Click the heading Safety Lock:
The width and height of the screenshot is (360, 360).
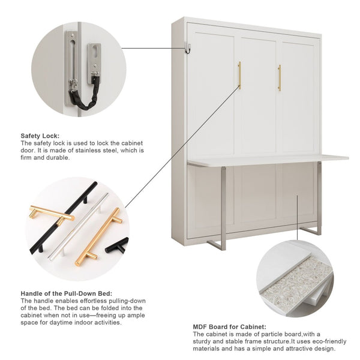(x=40, y=136)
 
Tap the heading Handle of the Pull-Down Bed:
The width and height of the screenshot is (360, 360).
(x=67, y=293)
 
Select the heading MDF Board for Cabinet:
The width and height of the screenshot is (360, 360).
(x=230, y=327)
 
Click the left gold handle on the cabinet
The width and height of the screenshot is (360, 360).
(x=239, y=76)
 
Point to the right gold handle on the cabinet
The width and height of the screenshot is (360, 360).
(x=280, y=77)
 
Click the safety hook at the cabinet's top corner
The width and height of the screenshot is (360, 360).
(x=188, y=49)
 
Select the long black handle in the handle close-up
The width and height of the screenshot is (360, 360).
(x=64, y=217)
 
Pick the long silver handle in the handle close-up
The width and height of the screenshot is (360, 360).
(x=78, y=226)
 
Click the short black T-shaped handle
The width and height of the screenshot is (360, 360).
(x=116, y=246)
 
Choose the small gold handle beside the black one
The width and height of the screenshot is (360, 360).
(x=52, y=213)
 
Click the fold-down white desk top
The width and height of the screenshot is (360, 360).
(x=268, y=159)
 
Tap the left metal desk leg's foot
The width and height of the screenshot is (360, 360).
(x=217, y=245)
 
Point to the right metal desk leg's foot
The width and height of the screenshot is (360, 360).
(x=310, y=231)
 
